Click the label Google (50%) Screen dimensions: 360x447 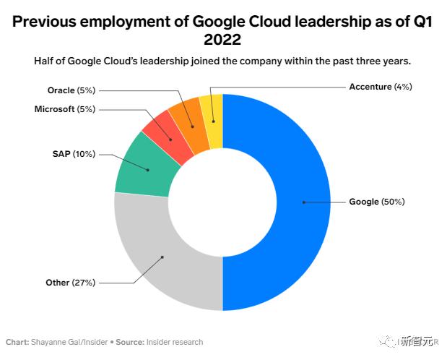coord(376,202)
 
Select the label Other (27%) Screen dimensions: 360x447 coord(70,283)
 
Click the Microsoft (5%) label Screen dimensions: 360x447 coord(64,109)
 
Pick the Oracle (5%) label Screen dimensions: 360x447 coord(71,90)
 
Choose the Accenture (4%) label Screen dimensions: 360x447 coord(380,87)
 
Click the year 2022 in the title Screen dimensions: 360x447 coord(222,38)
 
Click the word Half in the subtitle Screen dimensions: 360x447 coord(45,61)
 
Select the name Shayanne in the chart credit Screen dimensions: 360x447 coord(48,342)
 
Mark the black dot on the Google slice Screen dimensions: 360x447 coord(304,202)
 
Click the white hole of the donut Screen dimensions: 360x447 coord(222,202)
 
